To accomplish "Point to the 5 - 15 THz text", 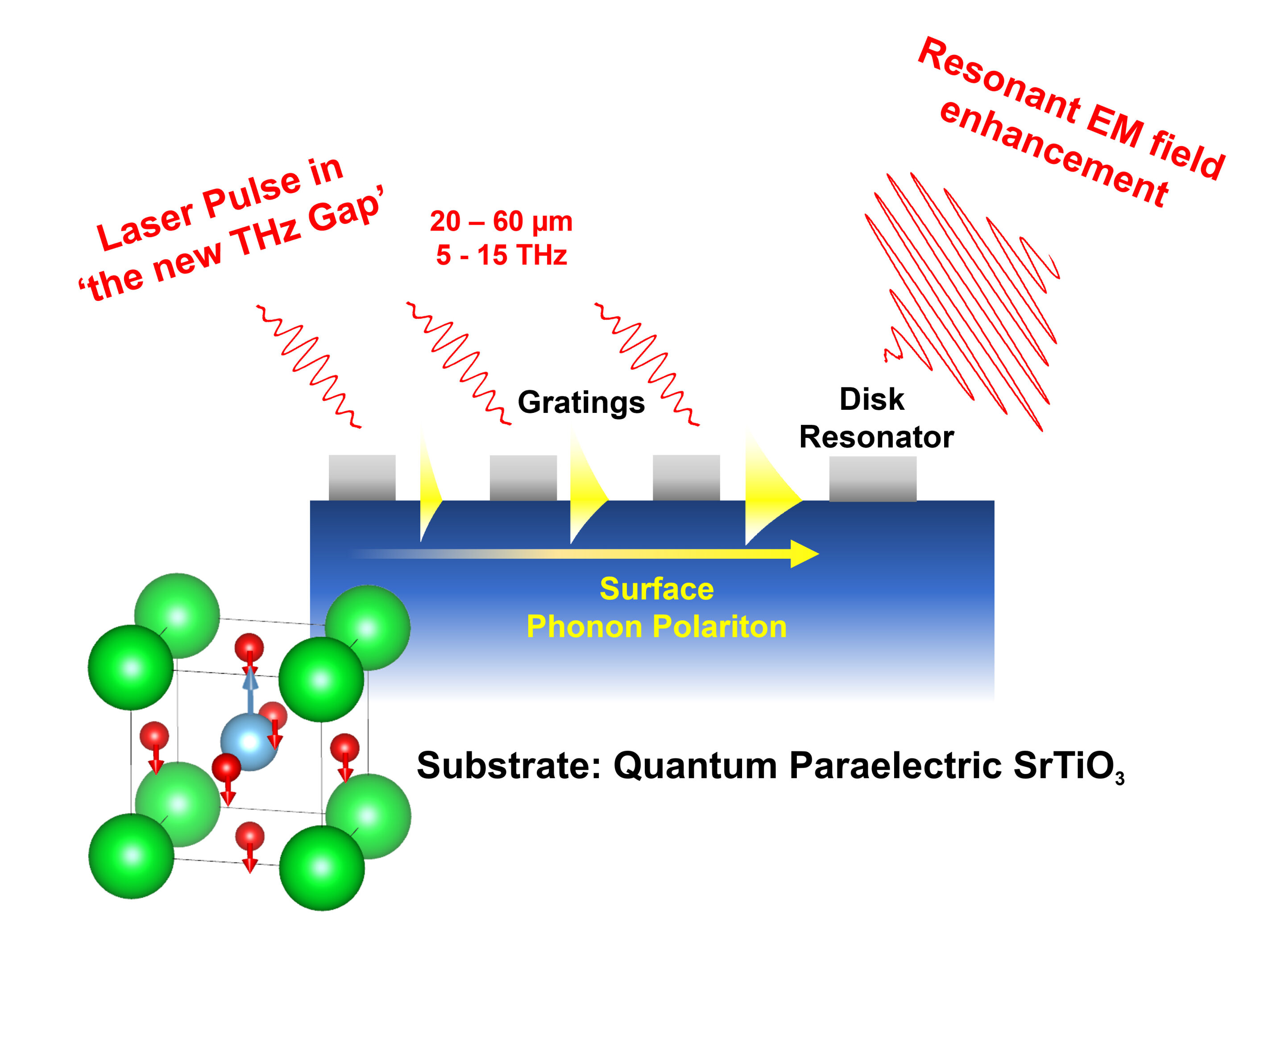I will [501, 255].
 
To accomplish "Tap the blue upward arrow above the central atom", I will [250, 688].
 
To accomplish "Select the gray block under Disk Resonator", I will [873, 478].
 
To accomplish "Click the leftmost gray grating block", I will [362, 478].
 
